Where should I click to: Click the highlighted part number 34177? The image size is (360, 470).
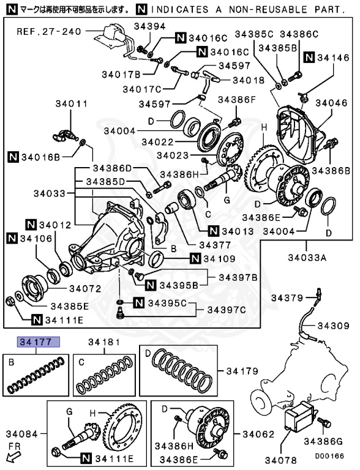tap(39, 342)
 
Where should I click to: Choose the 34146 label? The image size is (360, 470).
tap(334, 58)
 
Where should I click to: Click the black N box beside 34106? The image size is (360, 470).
tap(12, 238)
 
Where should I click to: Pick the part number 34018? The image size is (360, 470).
tap(249, 80)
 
